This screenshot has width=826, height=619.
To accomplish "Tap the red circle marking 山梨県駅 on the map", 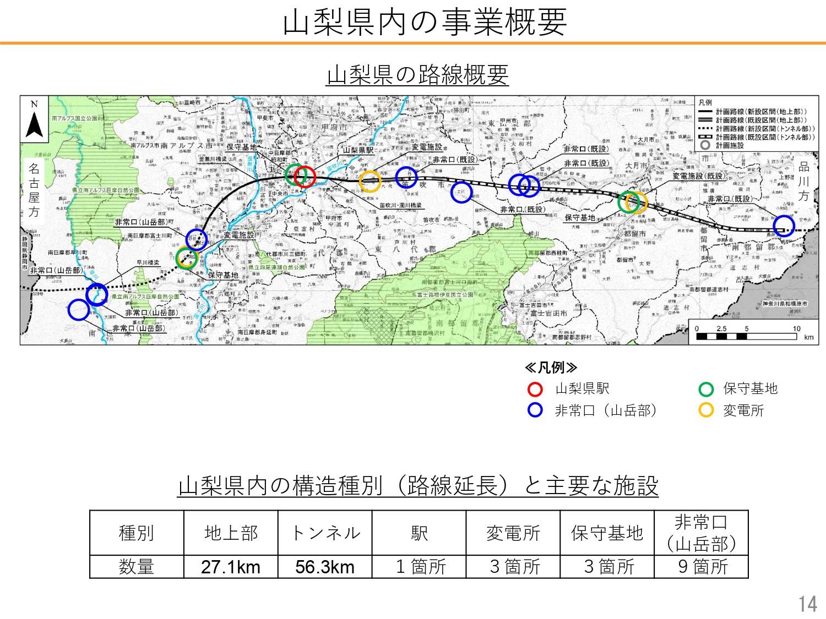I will coord(305,176).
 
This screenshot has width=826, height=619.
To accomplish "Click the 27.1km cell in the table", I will coord(231,567).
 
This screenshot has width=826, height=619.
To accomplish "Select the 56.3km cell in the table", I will coord(325,567).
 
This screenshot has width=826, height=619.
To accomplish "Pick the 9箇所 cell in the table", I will coord(702,567).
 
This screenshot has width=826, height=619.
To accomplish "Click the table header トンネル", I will coord(325,533).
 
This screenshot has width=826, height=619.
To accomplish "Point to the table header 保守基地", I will coord(607,533).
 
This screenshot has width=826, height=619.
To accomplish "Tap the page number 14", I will coord(808,604).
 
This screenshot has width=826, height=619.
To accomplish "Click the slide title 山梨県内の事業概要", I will coord(425,23).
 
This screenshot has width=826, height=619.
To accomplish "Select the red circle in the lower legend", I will coord(535,389).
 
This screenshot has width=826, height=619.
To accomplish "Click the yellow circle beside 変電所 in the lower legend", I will coord(706,410).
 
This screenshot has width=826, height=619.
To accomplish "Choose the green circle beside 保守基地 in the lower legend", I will coord(706,389).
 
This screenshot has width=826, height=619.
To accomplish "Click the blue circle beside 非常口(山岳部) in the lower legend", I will coord(535,410).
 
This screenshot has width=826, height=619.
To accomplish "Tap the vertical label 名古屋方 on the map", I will coord(34,190).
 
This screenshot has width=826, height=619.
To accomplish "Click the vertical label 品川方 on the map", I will coord(804,182).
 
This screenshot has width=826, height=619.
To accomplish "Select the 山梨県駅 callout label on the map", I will coord(358,150).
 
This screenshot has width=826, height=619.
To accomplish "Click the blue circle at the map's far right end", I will coord(784,226).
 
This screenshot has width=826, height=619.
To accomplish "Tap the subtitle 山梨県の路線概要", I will coord(417,75).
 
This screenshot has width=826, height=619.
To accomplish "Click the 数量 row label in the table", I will coord(137,567).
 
